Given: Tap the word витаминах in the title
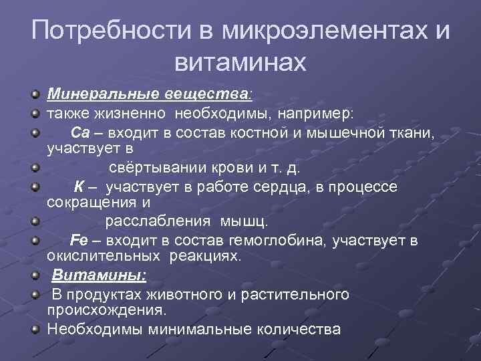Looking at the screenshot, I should point(240,63).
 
